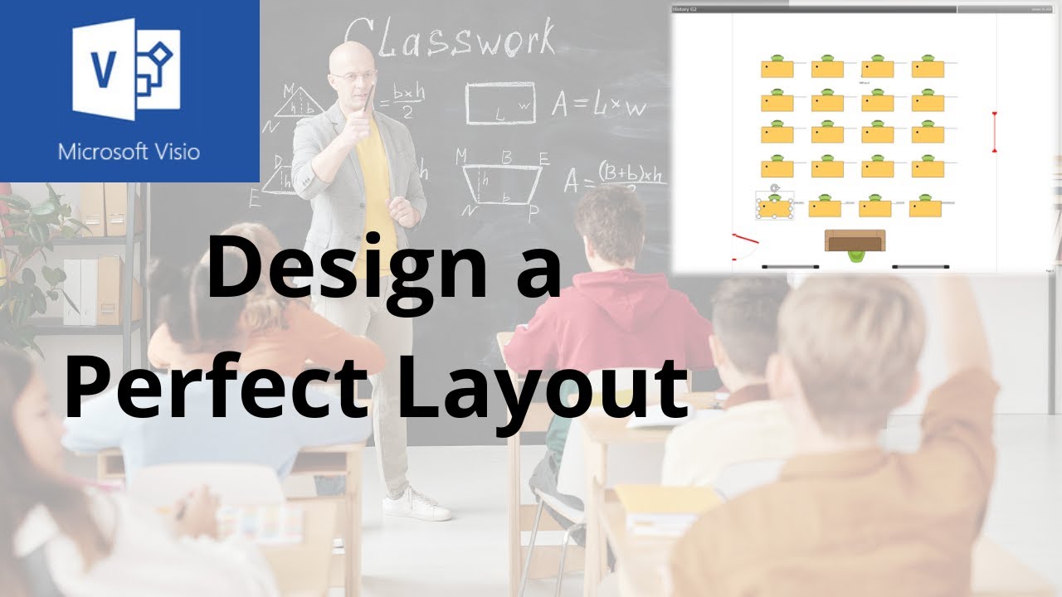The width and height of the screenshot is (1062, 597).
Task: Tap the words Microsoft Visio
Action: [129, 152]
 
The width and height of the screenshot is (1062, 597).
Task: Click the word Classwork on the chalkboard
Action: [448, 39]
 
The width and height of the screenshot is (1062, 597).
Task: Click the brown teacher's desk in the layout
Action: [855, 240]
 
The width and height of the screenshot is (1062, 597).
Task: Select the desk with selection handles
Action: [775, 206]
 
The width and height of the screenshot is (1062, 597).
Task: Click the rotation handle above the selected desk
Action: [774, 188]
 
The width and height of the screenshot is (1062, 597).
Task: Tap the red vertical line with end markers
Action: [994, 132]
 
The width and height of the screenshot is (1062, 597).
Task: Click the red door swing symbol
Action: [744, 243]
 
